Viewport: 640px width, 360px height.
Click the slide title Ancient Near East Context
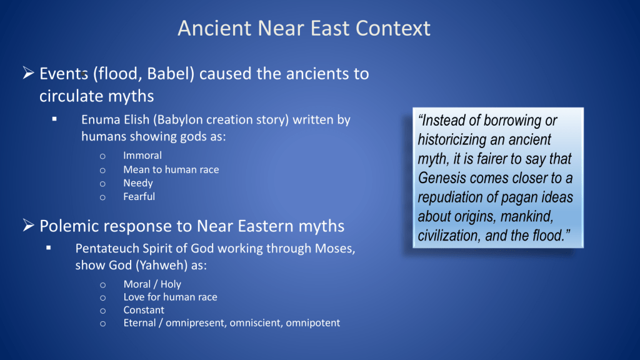(x=304, y=28)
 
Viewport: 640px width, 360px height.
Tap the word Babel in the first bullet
(x=168, y=74)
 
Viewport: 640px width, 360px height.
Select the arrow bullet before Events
(x=28, y=73)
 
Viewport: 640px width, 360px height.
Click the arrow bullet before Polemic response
(x=28, y=225)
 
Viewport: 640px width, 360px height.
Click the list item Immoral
(x=142, y=156)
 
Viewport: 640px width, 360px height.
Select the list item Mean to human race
(x=171, y=169)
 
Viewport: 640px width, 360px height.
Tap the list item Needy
(x=138, y=183)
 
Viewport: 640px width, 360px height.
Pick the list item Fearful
(x=139, y=197)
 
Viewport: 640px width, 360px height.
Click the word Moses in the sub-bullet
(x=335, y=249)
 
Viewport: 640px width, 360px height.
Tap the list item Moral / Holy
(x=152, y=284)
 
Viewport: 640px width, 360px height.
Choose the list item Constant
(x=144, y=310)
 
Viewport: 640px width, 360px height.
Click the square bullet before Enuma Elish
(x=54, y=119)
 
